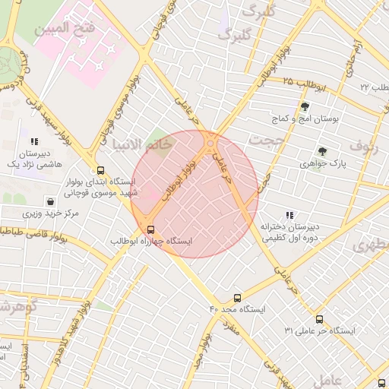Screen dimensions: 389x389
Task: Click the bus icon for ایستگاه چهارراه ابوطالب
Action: coord(150,229)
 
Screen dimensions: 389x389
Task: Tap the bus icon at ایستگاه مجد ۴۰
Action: coord(238,299)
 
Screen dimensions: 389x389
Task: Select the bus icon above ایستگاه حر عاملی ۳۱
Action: coord(319,320)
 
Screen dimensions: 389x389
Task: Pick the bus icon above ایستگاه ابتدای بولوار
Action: coord(100,171)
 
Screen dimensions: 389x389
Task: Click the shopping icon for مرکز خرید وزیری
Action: coord(50,203)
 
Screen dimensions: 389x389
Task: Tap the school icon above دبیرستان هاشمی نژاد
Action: coord(33,141)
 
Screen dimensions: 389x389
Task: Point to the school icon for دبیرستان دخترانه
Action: coord(289,215)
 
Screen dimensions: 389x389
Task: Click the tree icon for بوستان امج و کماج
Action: coord(305,107)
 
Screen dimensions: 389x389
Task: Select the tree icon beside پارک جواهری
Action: coord(322,151)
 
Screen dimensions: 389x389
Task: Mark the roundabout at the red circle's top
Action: coord(211,141)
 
